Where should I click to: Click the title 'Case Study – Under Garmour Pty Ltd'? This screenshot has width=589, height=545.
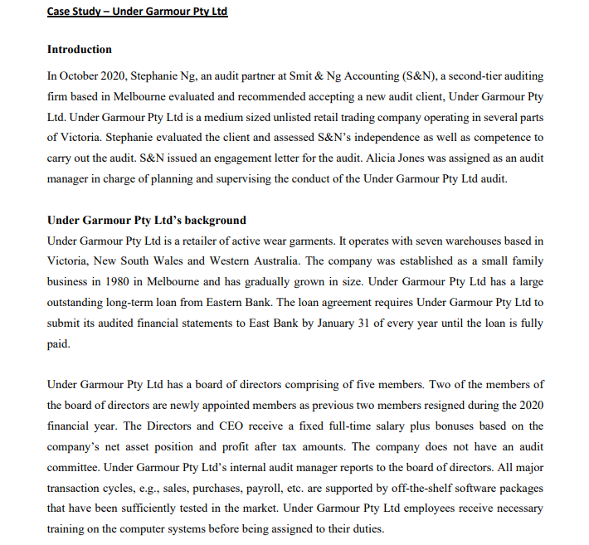click(137, 12)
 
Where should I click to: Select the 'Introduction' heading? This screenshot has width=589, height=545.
click(80, 50)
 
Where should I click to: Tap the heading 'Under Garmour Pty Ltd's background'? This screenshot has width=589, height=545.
click(147, 220)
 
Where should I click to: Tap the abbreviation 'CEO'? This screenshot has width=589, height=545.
click(227, 425)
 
